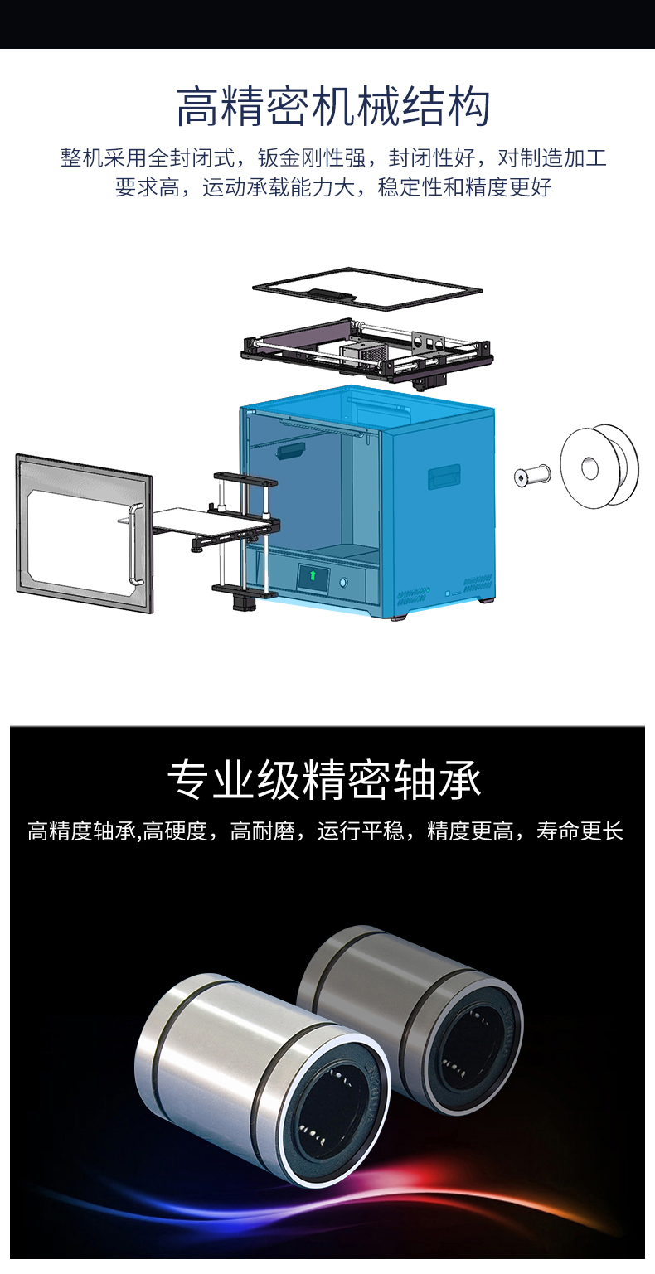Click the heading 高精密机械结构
pyautogui.click(x=333, y=106)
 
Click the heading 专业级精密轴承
pyautogui.click(x=324, y=780)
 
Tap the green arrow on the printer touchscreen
pyautogui.click(x=313, y=575)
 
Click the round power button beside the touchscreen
pyautogui.click(x=343, y=583)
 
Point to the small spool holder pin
pyautogui.click(x=532, y=475)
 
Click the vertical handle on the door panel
pyautogui.click(x=136, y=543)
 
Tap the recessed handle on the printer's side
pyautogui.click(x=444, y=477)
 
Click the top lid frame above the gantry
pyautogui.click(x=367, y=289)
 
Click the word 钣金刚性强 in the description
pyautogui.click(x=311, y=157)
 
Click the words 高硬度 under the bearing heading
pyautogui.click(x=174, y=831)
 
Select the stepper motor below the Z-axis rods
pyautogui.click(x=241, y=601)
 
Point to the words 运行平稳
pyautogui.click(x=361, y=831)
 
